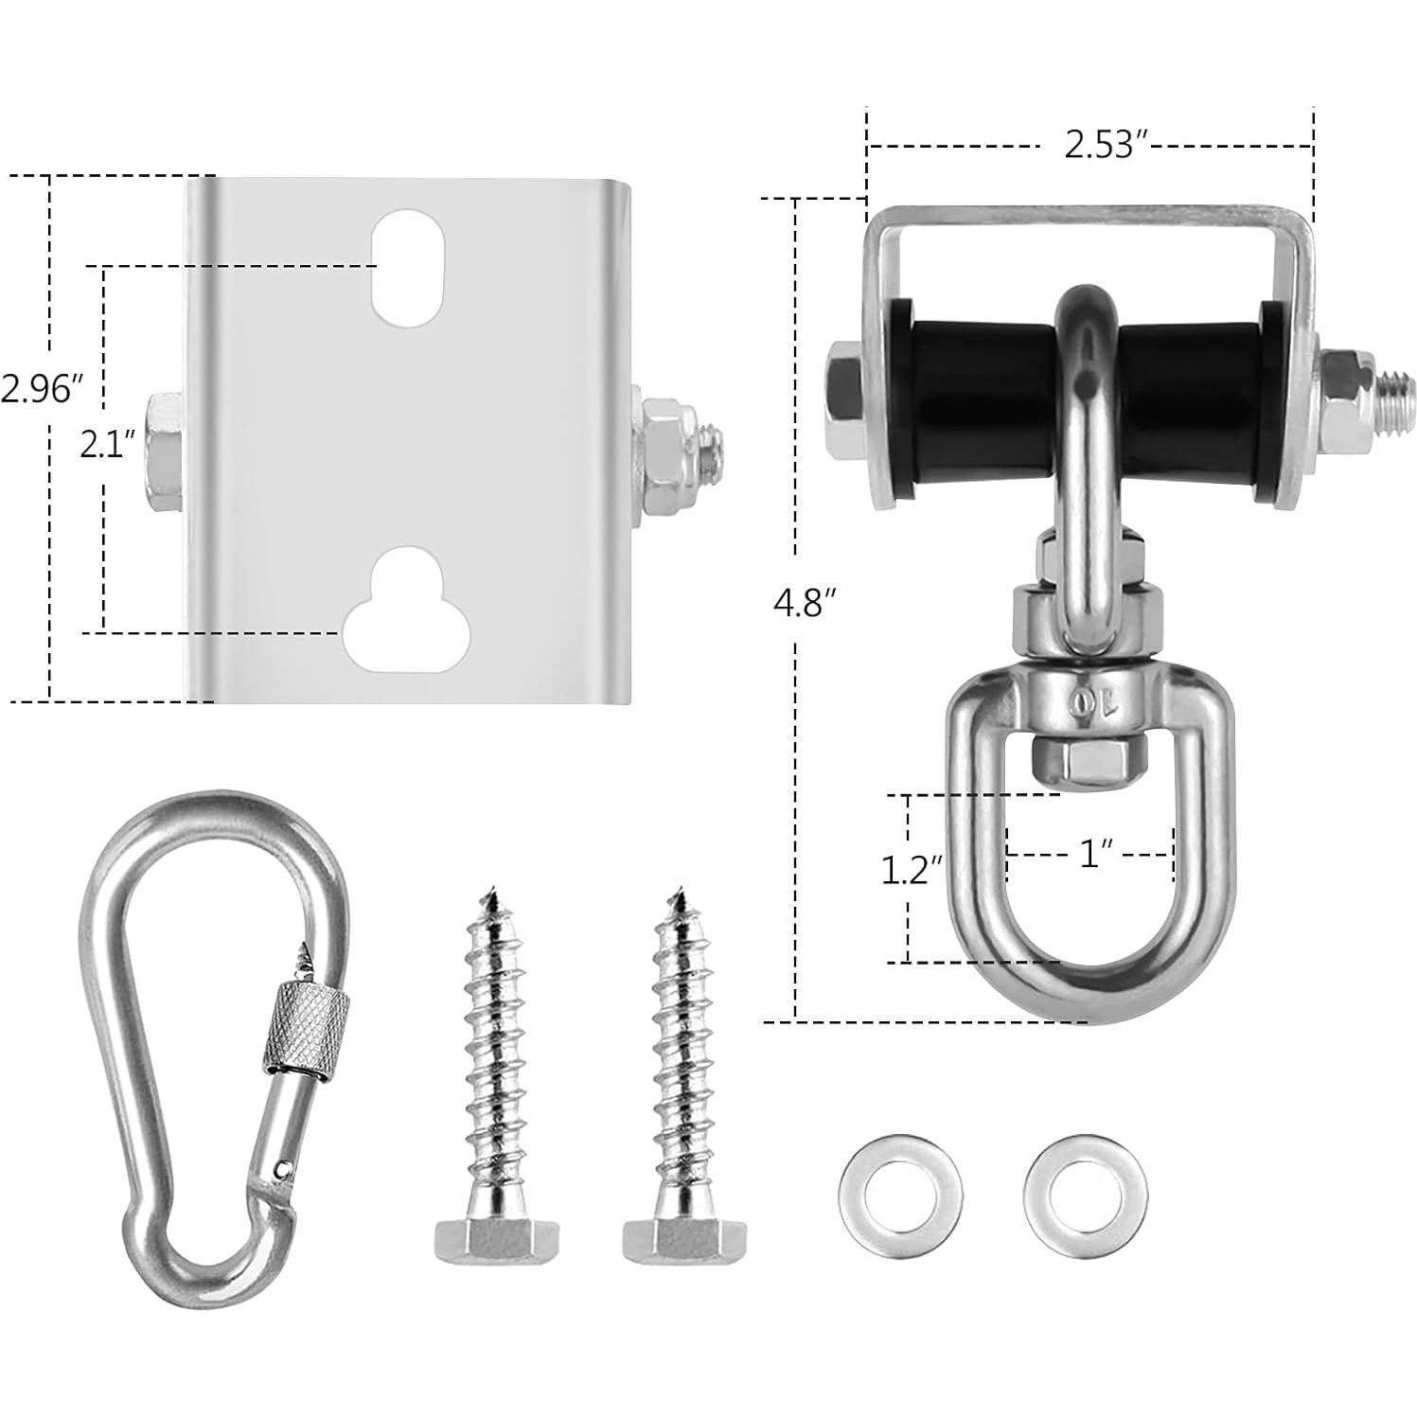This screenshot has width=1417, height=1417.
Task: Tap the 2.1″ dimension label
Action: point(109,445)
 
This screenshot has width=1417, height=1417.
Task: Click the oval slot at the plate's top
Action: point(408,268)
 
